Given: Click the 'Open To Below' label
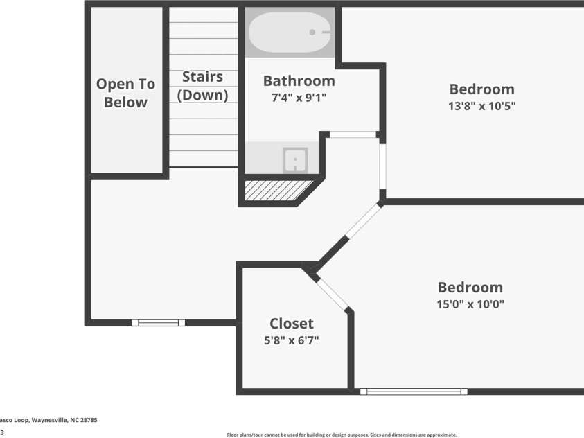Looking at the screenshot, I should (x=125, y=93).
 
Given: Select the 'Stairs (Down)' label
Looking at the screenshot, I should (x=202, y=86).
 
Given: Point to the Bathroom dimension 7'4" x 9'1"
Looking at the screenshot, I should (x=299, y=98).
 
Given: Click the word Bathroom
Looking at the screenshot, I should (x=299, y=81).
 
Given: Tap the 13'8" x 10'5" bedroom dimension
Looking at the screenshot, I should (x=481, y=106).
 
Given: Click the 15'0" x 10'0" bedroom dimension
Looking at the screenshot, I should (x=470, y=304).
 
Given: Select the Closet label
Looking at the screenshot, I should (x=291, y=324).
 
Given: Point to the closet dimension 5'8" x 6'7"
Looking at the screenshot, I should (x=291, y=340).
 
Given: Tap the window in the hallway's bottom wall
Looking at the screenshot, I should (x=158, y=322).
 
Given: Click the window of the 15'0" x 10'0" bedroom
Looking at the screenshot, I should (x=414, y=392).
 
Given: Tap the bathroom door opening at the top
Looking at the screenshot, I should (x=353, y=134).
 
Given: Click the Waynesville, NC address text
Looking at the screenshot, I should (x=48, y=420).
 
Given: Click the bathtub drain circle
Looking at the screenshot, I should (x=312, y=32).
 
